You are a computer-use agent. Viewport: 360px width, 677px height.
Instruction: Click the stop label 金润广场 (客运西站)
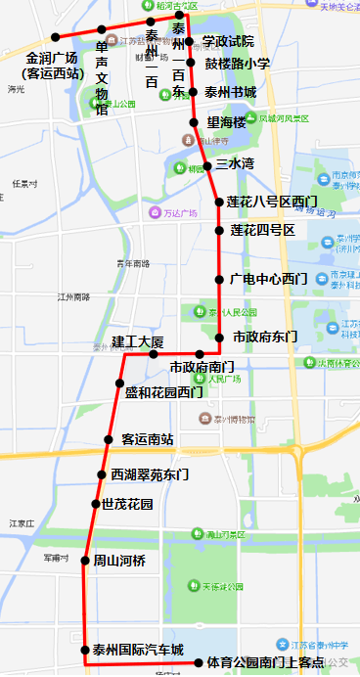point(53,65)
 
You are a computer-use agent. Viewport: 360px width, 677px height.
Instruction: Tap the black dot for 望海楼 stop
point(196,122)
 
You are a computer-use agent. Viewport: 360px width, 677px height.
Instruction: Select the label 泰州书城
point(230,92)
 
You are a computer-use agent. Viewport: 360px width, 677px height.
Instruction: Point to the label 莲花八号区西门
point(272,203)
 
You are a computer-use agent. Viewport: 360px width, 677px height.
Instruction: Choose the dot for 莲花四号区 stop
point(219,231)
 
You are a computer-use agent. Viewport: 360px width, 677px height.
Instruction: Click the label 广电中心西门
point(268,279)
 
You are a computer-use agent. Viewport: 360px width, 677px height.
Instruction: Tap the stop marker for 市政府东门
point(219,337)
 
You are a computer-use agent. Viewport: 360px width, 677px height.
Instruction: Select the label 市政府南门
point(202,368)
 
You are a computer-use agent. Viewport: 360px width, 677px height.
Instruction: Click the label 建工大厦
point(137,341)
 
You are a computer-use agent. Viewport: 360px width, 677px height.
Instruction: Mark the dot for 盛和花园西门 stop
point(115,393)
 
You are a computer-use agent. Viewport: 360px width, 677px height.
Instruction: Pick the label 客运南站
point(148,439)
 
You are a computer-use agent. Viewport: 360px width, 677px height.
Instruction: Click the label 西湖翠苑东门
point(150,474)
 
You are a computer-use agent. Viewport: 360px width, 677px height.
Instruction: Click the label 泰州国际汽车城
point(138,650)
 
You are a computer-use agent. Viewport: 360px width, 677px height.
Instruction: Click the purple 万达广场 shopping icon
point(154,212)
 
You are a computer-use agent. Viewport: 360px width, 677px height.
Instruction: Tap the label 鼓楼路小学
point(237,64)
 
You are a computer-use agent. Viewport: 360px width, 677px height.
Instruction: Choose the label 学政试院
point(228,42)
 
